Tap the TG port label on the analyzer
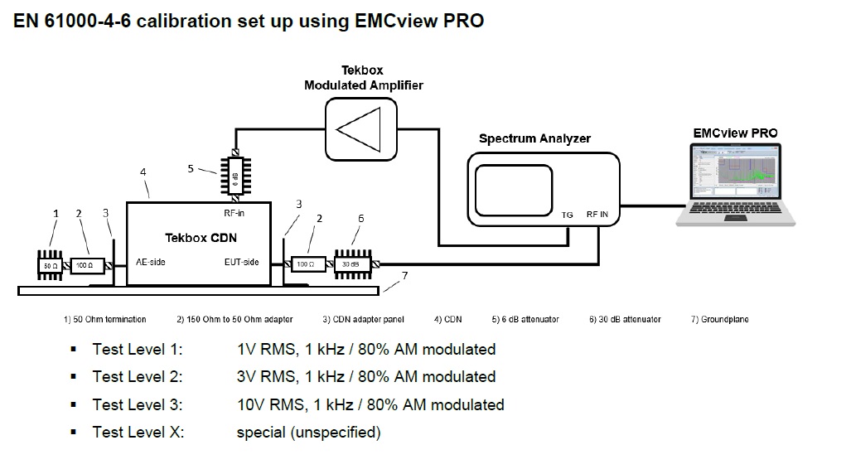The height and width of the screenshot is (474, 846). coord(568,215)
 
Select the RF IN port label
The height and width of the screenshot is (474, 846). coord(597,215)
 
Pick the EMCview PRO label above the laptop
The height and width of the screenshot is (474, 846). coord(735,133)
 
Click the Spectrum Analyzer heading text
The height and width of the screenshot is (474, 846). coord(534,138)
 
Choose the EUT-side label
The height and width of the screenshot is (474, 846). coord(242,262)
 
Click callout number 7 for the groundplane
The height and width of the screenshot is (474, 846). coord(404,274)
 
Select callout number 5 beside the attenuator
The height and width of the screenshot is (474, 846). coord(191,168)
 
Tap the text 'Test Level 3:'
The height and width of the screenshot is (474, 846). coord(138,404)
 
